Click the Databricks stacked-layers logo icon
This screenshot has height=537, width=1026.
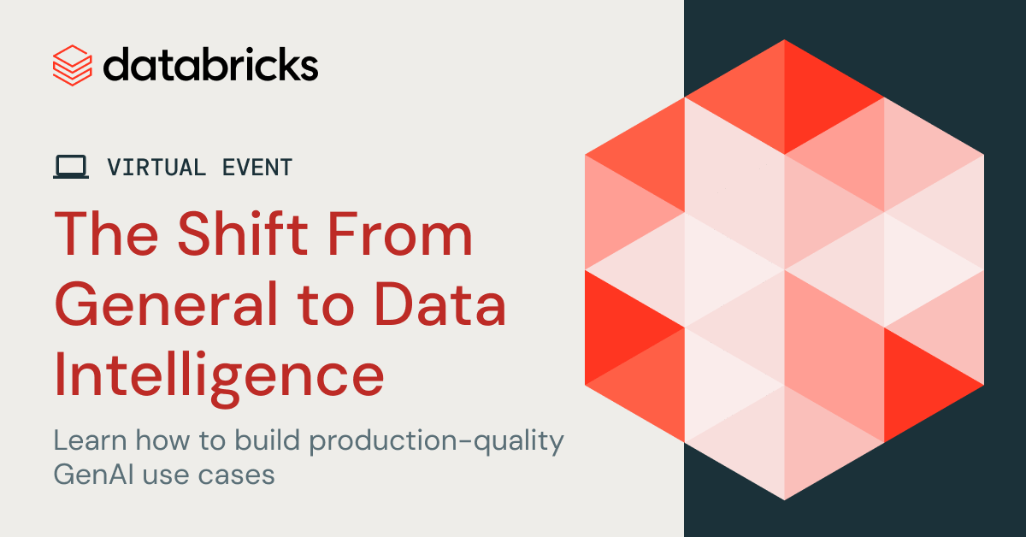click(x=73, y=66)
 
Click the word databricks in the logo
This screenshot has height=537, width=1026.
click(x=210, y=65)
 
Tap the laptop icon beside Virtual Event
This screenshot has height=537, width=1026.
click(x=71, y=167)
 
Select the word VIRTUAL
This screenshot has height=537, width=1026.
click(x=156, y=168)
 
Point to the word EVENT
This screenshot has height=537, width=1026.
click(x=257, y=168)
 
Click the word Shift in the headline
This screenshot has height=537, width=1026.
click(x=243, y=233)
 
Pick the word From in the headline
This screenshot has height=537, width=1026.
click(x=400, y=233)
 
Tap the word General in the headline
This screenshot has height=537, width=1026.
click(x=166, y=304)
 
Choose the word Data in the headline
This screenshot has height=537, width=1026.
click(x=440, y=304)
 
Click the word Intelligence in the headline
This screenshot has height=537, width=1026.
click(x=219, y=375)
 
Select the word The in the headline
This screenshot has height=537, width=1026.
click(x=106, y=233)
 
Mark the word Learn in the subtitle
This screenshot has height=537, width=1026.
click(x=91, y=440)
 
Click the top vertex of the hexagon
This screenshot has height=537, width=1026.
click(x=784, y=40)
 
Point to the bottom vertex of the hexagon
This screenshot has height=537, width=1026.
click(x=784, y=500)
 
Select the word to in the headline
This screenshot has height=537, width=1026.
click(x=326, y=306)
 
